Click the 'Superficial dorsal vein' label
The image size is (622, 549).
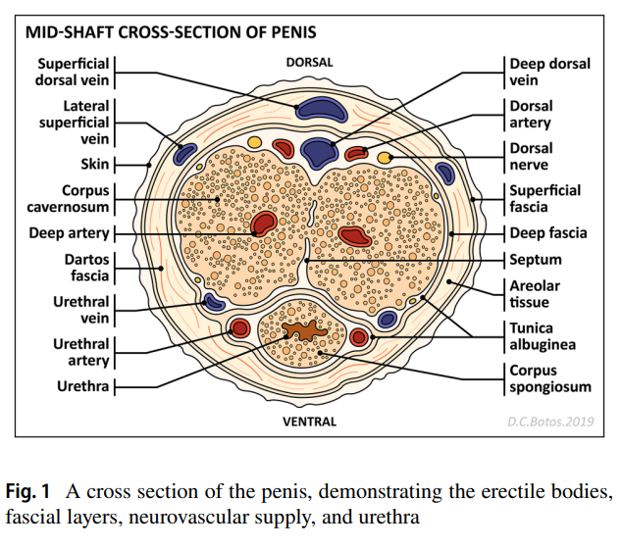75,72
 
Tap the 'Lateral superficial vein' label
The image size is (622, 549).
75,123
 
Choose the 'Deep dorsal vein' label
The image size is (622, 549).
549,72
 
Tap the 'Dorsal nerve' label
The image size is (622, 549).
531,157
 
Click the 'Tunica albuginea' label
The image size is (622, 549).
543,336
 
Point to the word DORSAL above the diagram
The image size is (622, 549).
309,62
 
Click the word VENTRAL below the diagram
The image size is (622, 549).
309,423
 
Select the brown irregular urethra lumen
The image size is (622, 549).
307,331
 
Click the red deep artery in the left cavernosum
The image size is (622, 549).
264,224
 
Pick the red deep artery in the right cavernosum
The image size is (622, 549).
352,235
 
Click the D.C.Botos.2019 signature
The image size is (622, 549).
551,423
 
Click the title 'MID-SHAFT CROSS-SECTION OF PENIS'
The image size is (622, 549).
171,32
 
